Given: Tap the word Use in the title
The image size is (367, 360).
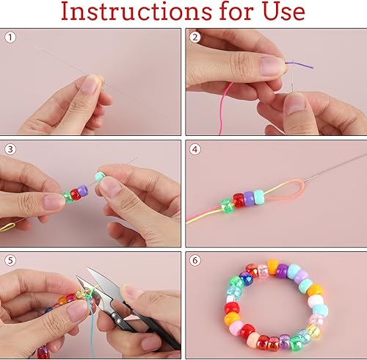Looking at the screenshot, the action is [x=283, y=12].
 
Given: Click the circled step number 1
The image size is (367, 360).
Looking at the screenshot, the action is [x=10, y=37].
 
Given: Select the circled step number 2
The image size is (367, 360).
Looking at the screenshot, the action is [x=195, y=37].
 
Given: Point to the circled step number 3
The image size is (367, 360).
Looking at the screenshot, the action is [x=10, y=149].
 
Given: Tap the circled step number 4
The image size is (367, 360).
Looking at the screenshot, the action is [x=195, y=149].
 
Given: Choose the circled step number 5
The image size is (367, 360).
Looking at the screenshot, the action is [x=10, y=260].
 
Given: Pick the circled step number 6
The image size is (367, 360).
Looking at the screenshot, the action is [x=195, y=260].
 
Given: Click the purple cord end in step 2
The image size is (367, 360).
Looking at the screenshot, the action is [x=299, y=64].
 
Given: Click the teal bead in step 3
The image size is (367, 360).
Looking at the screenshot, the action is [x=100, y=177].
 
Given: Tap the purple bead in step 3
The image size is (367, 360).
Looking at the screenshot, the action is [x=82, y=190].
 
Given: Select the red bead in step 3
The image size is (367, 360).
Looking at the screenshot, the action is [x=75, y=195].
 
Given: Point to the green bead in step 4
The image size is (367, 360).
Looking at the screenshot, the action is [x=228, y=206].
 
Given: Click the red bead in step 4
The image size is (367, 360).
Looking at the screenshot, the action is [x=239, y=201].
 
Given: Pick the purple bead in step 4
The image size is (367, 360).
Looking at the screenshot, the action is [x=249, y=198].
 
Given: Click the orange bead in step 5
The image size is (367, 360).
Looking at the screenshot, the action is [x=62, y=300].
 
